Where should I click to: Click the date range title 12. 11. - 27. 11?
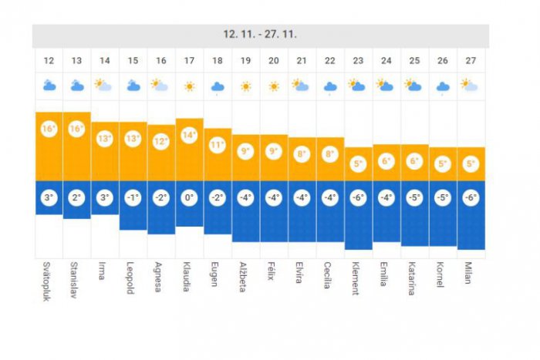click(x=260, y=34)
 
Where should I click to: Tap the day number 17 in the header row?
click(x=189, y=61)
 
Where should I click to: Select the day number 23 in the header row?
click(x=358, y=61)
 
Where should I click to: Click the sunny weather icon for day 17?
click(x=189, y=86)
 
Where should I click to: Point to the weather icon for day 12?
click(x=48, y=86)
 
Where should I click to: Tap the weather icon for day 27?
click(x=471, y=86)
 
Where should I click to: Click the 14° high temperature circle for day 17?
click(x=189, y=134)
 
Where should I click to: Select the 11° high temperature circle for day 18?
click(x=218, y=144)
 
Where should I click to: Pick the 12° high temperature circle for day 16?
click(x=161, y=141)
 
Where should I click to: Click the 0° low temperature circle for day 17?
click(x=189, y=197)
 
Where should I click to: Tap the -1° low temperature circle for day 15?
click(x=133, y=197)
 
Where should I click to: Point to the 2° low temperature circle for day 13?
click(x=76, y=197)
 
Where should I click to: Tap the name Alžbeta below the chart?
click(x=245, y=278)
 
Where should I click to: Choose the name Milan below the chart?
click(x=469, y=273)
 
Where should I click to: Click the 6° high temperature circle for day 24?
click(x=386, y=161)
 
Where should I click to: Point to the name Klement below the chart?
click(x=357, y=278)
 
